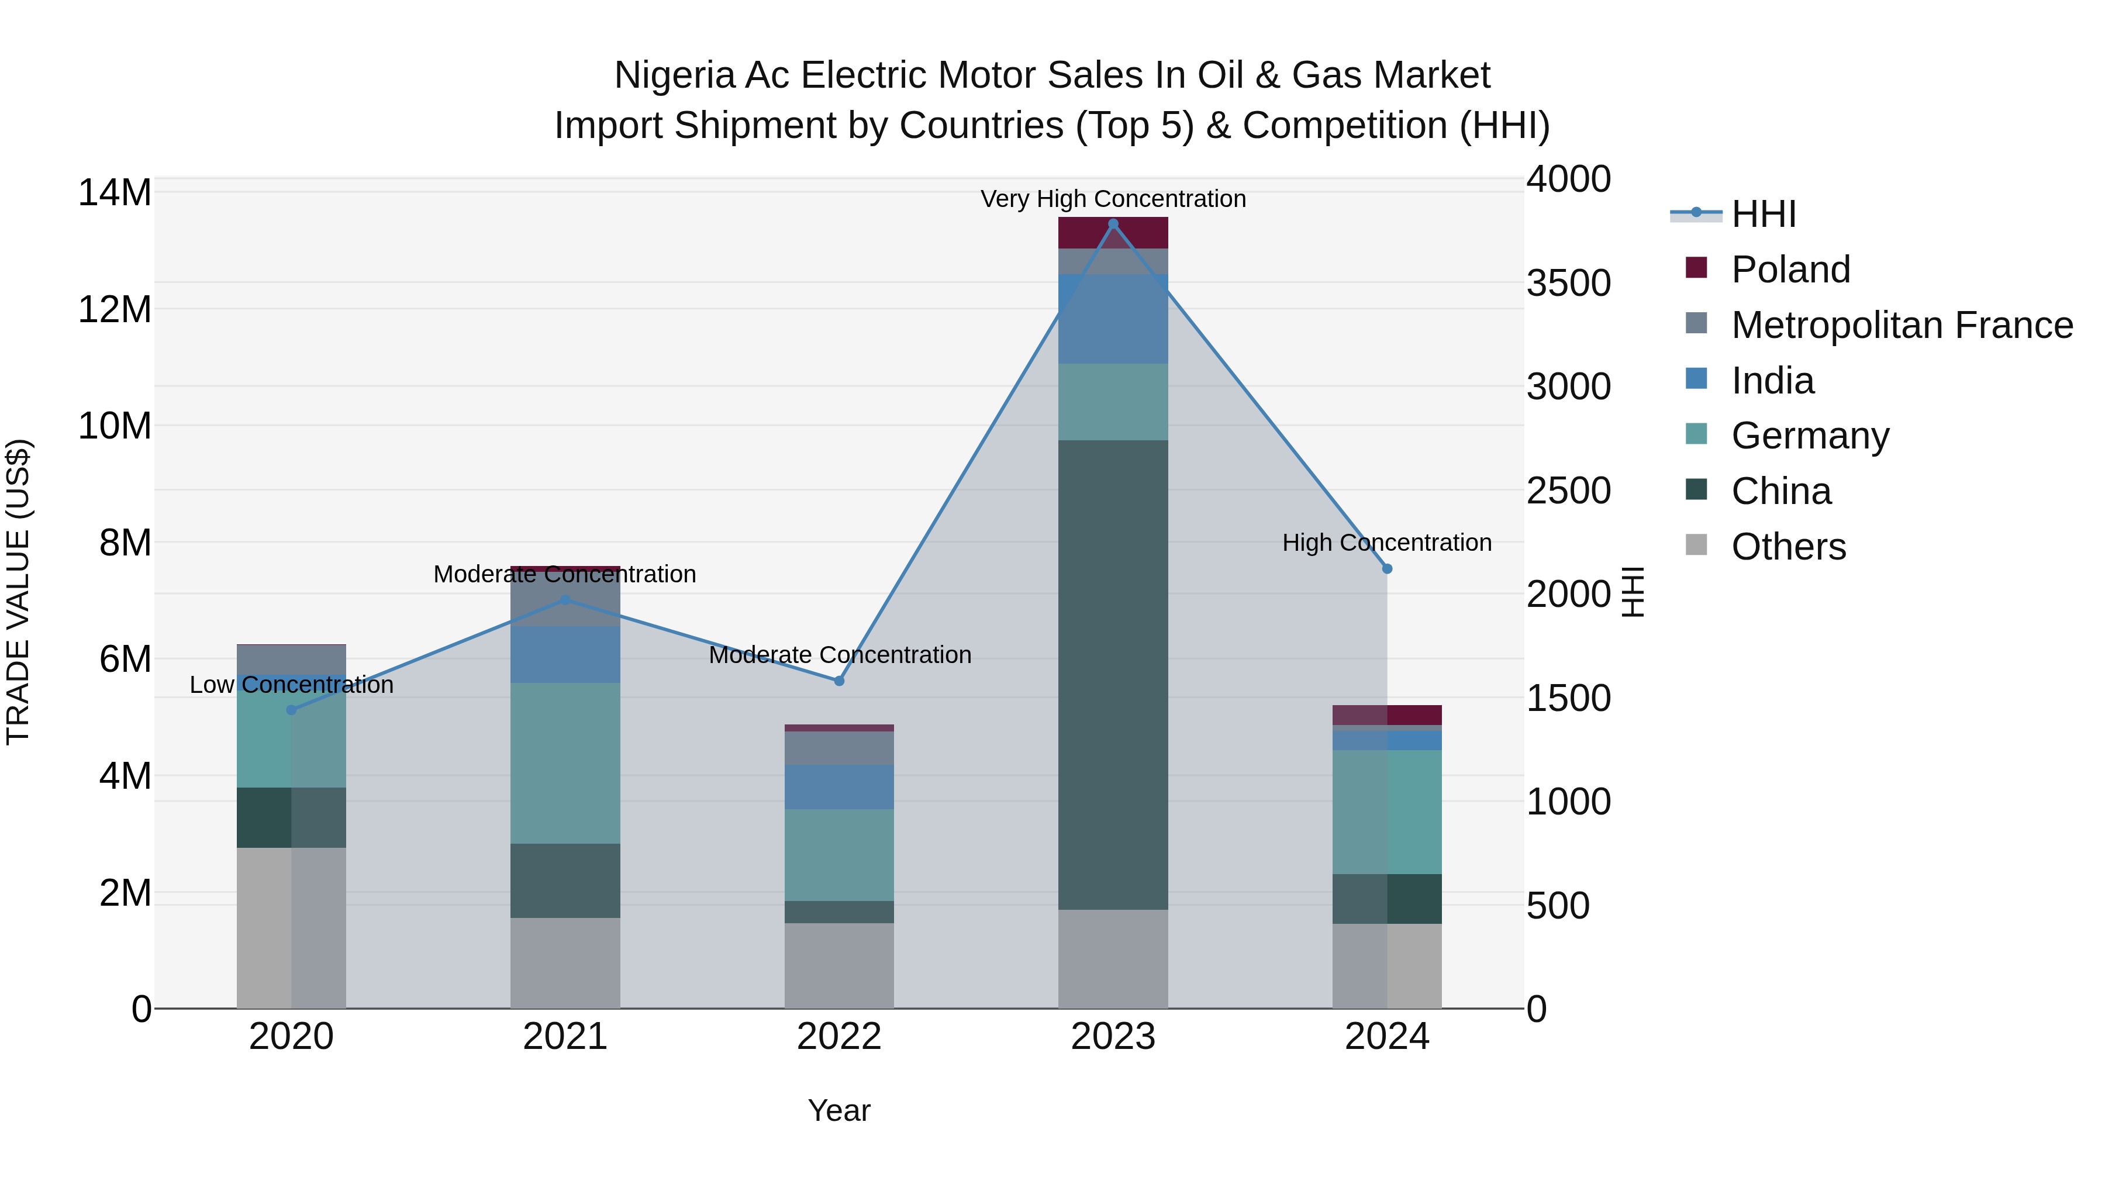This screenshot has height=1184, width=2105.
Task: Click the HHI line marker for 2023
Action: [x=1112, y=224]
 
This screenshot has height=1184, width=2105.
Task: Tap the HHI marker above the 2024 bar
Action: [x=1387, y=569]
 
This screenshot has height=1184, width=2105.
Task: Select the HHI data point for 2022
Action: [x=838, y=681]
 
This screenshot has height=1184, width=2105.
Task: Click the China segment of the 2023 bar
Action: [x=1112, y=674]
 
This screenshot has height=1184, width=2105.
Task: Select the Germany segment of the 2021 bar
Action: [x=565, y=762]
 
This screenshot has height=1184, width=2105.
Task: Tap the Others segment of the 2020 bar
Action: [x=291, y=927]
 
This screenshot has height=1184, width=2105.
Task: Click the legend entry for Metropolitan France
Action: [x=1902, y=325]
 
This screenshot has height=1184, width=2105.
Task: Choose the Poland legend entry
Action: [x=1790, y=270]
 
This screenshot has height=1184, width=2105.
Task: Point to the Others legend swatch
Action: [x=1696, y=545]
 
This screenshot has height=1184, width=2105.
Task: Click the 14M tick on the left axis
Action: [x=115, y=194]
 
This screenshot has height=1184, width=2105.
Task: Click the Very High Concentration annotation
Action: [x=1112, y=199]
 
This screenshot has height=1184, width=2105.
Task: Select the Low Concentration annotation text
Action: [x=291, y=685]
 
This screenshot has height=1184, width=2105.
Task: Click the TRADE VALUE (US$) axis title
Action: [x=18, y=592]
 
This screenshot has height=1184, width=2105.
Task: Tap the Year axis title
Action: [x=838, y=1110]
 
